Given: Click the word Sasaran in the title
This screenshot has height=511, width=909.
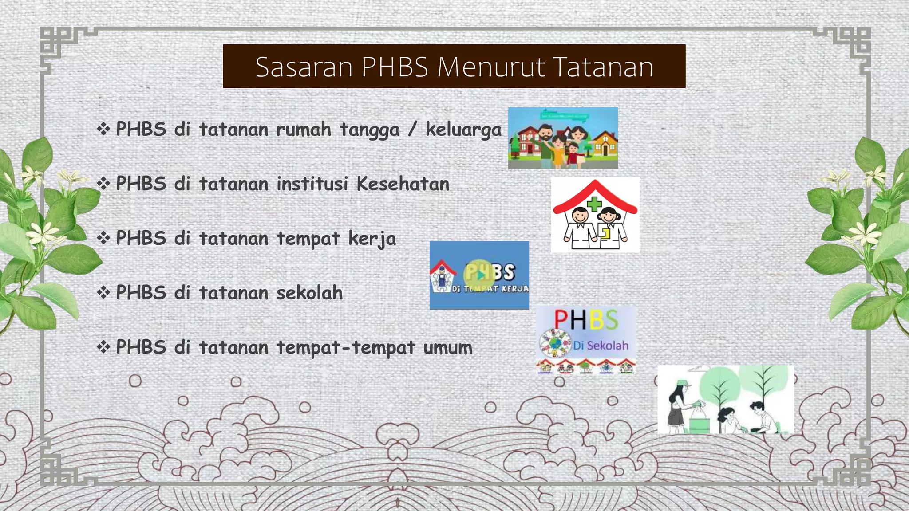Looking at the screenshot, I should click(304, 67).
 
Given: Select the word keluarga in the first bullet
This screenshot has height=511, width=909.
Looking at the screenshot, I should click(463, 130).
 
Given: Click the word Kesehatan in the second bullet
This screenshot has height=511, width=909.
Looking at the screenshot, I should click(403, 184).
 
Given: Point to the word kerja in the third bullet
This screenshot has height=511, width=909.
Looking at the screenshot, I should click(372, 239).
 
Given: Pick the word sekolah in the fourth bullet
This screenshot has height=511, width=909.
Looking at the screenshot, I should click(309, 293).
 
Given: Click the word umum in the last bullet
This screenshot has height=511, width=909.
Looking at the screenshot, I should click(448, 347).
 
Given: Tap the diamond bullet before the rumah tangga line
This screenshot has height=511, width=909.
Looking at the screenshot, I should click(103, 129).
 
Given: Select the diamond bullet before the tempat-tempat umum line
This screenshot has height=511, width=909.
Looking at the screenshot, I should click(103, 347).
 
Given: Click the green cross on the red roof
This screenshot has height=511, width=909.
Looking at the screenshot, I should click(594, 204).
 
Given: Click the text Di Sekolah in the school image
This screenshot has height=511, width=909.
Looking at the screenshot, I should click(601, 345).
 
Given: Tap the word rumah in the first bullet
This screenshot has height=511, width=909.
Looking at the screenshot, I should click(304, 130).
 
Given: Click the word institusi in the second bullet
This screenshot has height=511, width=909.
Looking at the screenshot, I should click(312, 184).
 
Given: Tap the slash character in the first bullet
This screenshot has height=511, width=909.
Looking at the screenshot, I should click(412, 130).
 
